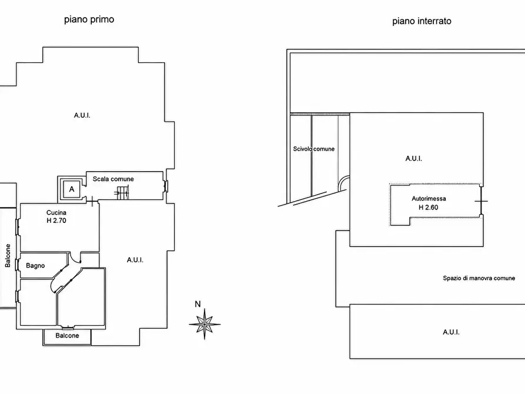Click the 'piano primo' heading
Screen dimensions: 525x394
(89, 19)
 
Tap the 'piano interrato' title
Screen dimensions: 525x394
(422, 21)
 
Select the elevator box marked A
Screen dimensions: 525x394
(72, 189)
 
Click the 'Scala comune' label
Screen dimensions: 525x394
(113, 179)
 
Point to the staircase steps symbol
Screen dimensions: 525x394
(122, 193)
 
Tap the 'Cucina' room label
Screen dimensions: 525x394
(56, 212)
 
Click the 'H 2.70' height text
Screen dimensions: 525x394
(56, 221)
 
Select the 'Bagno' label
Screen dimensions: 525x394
(35, 265)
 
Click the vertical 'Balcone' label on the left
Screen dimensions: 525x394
(8, 256)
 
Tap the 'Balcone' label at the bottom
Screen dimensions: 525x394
(67, 335)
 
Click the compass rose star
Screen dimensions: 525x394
(205, 324)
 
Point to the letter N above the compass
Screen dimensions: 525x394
(198, 304)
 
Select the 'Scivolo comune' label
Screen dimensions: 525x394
(314, 149)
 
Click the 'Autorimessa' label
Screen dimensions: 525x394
(429, 198)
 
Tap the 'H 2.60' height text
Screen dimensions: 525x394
(429, 208)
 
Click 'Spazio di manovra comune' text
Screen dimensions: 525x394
(479, 278)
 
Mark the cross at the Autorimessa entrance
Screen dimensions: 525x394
(481, 201)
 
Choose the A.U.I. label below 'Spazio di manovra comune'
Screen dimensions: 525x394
(451, 332)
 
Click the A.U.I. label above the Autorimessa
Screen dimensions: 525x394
(413, 158)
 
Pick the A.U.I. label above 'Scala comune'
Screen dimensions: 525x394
(82, 115)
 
